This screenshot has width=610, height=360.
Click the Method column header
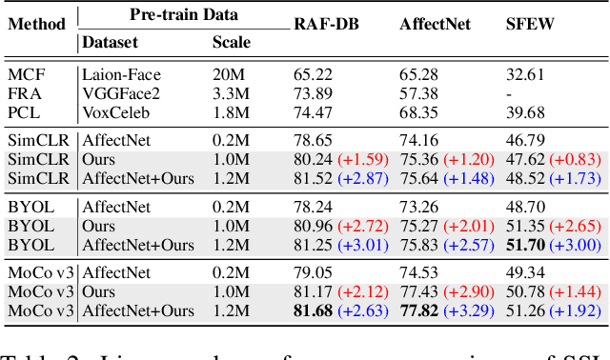[37, 25]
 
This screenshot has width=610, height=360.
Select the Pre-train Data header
[183, 15]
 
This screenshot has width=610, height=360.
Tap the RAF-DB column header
[328, 25]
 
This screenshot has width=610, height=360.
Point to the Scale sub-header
[232, 42]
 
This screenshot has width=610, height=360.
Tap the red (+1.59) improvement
[362, 158]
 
